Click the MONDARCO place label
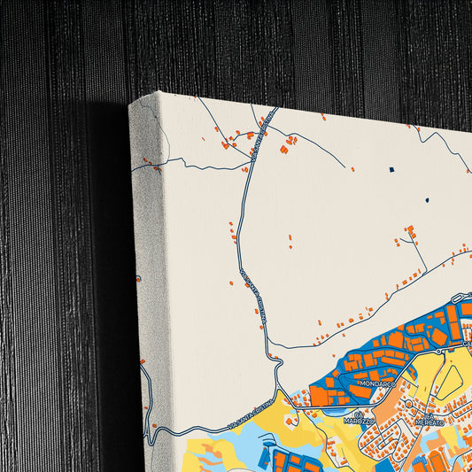click(x=378, y=387)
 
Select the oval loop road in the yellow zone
click(x=451, y=381)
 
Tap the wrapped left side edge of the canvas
click(x=143, y=266)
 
